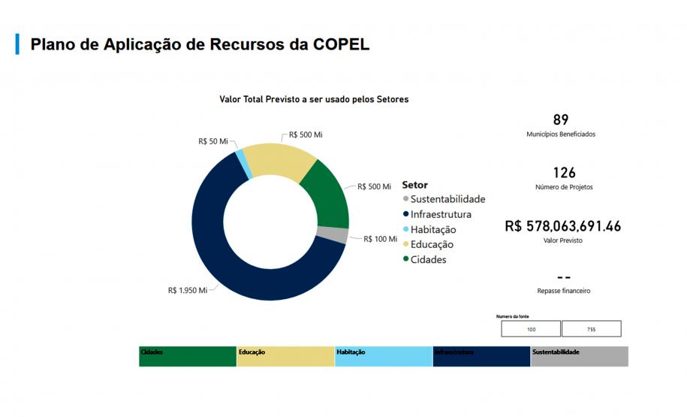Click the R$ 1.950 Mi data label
click(x=187, y=290)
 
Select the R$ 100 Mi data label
click(x=380, y=239)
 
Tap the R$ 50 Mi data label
click(x=212, y=141)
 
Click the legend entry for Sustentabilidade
click(x=447, y=199)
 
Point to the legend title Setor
click(x=414, y=185)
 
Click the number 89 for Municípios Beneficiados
click(x=560, y=119)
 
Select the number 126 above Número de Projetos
click(x=563, y=173)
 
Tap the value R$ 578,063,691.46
click(x=562, y=225)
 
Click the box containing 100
click(x=531, y=329)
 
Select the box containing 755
click(x=591, y=329)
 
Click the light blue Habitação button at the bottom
click(x=383, y=356)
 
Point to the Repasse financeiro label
click(x=563, y=291)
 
